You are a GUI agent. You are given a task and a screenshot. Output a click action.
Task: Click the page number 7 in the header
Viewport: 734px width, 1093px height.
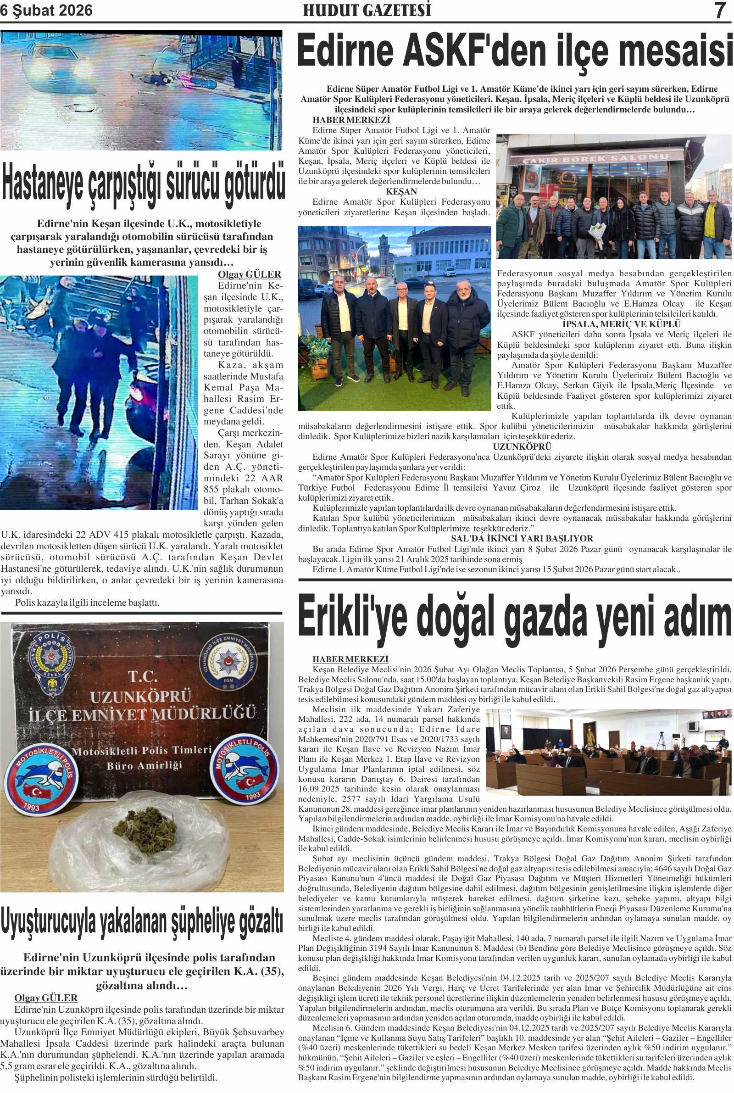coord(719,11)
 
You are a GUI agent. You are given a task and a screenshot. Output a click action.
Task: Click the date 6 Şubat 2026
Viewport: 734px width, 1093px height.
coord(46,11)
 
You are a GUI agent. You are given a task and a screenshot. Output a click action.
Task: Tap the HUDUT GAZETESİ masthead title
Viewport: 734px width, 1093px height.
coord(367,11)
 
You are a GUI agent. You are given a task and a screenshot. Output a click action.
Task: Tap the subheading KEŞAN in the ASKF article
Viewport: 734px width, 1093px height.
coord(401,191)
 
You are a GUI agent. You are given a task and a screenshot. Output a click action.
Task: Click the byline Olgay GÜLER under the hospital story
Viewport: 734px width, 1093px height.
coord(250,275)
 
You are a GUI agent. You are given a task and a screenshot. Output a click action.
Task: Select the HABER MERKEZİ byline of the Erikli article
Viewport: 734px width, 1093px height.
coord(351,659)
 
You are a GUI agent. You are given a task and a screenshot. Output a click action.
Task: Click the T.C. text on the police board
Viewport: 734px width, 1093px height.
coord(142,677)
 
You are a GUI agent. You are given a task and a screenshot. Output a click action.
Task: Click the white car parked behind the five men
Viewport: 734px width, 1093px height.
coord(449,272)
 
